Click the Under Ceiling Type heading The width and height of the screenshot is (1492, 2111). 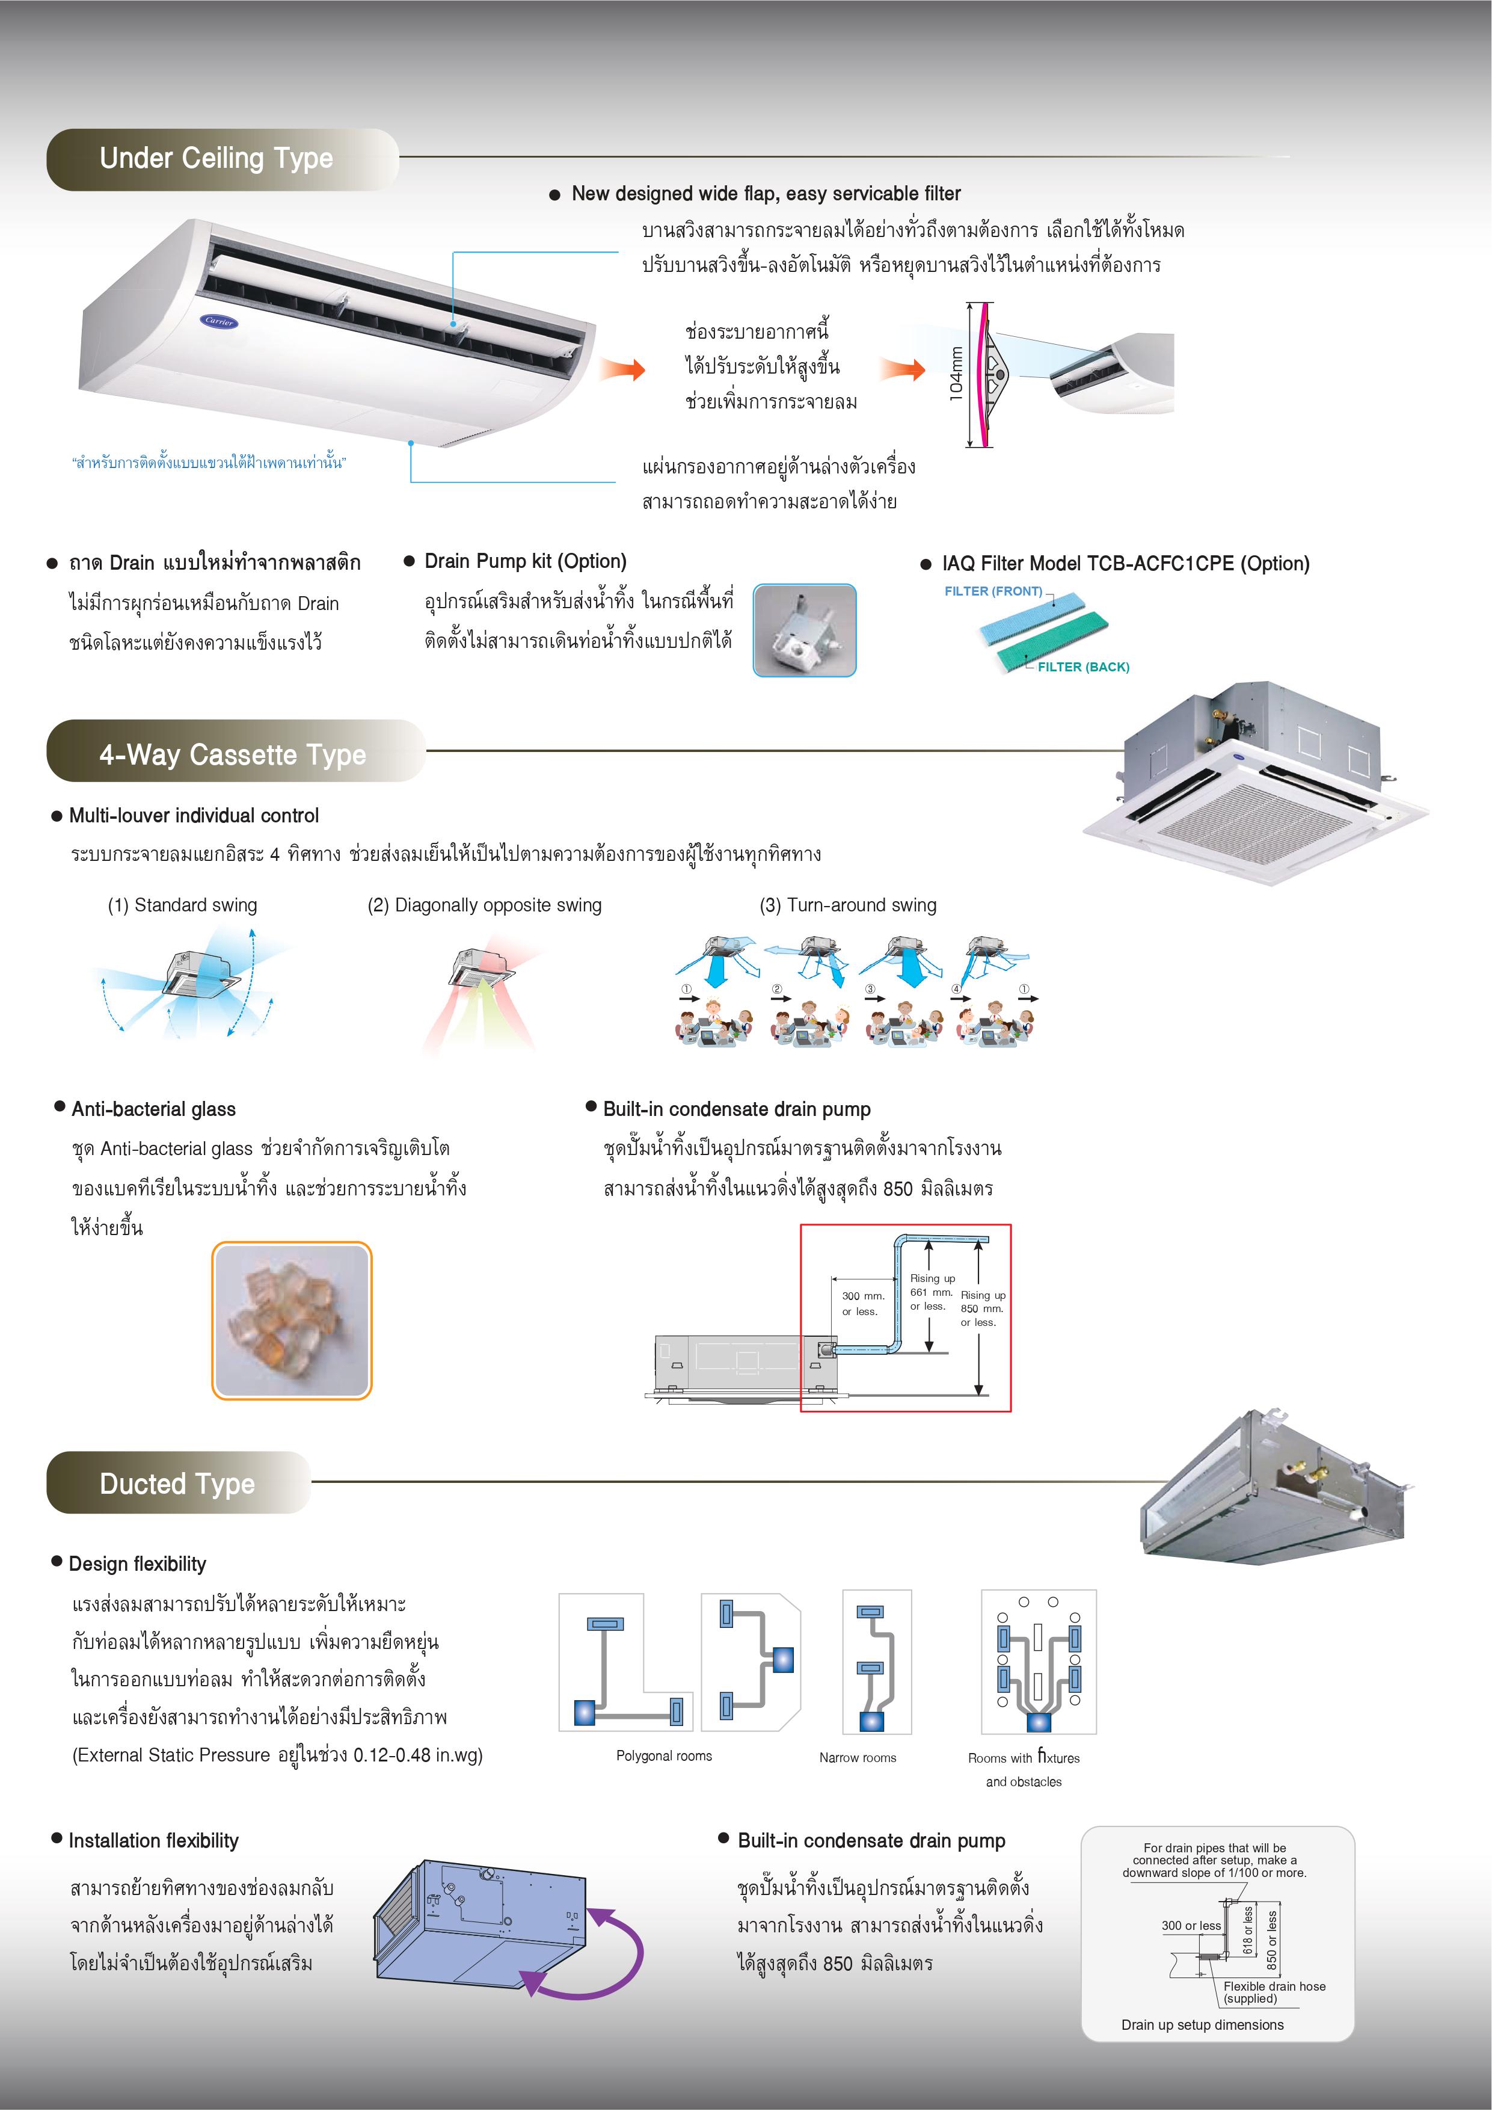tap(216, 159)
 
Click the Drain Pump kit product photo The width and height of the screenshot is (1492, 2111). tap(805, 630)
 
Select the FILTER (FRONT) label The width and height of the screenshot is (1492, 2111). tap(993, 591)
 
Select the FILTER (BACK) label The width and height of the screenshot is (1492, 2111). tap(1083, 667)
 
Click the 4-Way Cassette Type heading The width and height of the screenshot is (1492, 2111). tap(233, 755)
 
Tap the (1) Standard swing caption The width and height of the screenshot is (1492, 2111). tap(182, 905)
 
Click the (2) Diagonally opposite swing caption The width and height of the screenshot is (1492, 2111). tap(485, 905)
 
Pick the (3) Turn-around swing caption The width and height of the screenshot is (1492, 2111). tap(847, 905)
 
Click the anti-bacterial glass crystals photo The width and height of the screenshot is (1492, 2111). tap(292, 1321)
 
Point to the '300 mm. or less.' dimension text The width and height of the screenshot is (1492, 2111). tap(862, 1303)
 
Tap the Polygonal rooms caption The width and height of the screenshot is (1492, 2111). tap(664, 1755)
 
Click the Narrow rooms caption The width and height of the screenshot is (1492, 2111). tap(857, 1757)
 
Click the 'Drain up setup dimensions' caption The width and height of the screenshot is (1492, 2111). tap(1202, 2024)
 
